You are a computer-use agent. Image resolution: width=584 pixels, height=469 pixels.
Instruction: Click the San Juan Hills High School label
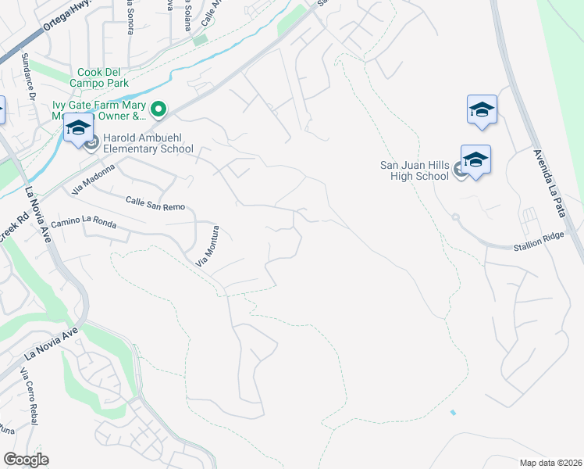(x=414, y=170)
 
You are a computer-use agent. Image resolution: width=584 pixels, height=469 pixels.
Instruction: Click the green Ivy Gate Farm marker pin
(x=158, y=109)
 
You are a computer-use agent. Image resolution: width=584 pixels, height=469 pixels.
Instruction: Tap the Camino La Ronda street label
(x=84, y=225)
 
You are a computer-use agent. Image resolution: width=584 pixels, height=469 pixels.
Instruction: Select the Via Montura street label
(x=207, y=245)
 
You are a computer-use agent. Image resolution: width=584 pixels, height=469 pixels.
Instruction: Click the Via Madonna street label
(x=93, y=179)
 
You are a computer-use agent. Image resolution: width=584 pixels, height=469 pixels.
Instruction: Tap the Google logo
(x=26, y=460)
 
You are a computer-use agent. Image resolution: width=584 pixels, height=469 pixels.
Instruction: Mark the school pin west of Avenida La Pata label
(x=482, y=110)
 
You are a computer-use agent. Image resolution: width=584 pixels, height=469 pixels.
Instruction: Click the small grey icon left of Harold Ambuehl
(x=91, y=142)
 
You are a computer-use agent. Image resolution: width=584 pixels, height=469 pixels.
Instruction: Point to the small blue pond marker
(x=453, y=412)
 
